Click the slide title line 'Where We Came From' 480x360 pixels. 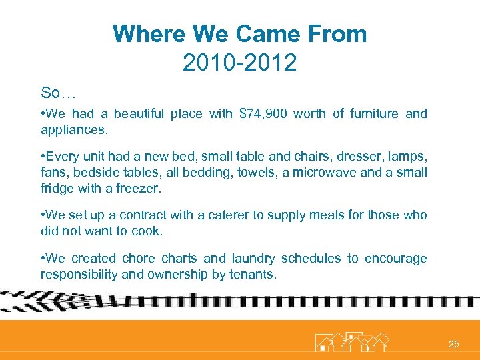(239, 34)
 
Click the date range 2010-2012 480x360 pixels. (239, 63)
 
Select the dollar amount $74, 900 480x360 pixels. (263, 113)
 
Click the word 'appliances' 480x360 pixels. (72, 129)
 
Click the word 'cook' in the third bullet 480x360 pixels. (169, 231)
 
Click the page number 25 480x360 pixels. (453, 344)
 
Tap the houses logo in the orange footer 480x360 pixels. (351, 341)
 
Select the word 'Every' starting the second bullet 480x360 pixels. (63, 157)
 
